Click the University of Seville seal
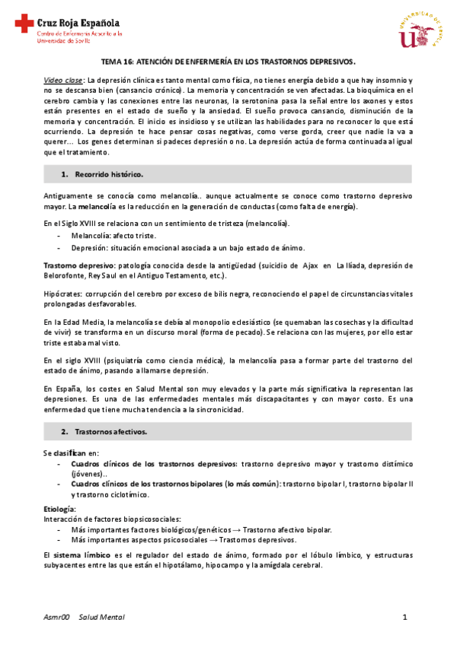tap(420, 32)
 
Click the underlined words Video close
tap(63, 80)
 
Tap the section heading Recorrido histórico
tap(107, 175)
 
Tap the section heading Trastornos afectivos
tap(110, 431)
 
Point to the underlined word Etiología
tap(59, 507)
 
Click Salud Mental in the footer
tap(101, 617)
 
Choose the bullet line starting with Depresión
tap(175, 247)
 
